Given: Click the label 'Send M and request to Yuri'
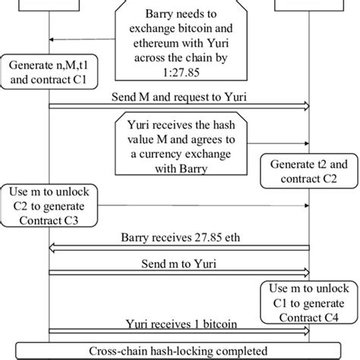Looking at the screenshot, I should [x=179, y=96].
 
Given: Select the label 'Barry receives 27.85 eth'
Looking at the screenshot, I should [x=179, y=236].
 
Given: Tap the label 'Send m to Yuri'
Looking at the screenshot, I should [x=179, y=262].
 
